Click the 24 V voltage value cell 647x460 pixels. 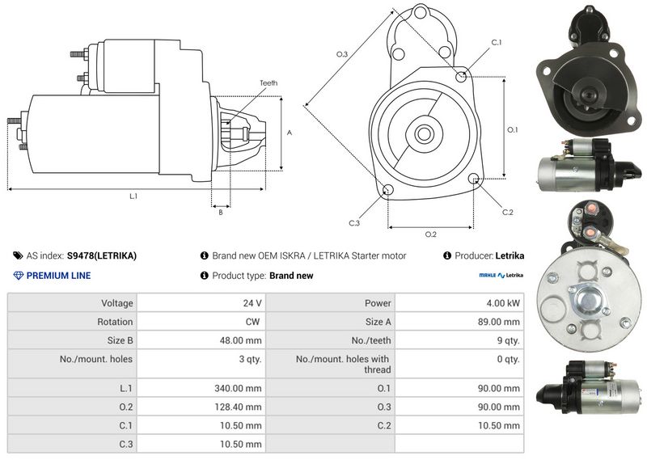coord(252,303)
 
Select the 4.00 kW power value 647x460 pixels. coord(503,303)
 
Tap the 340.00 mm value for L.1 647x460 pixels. coord(238,388)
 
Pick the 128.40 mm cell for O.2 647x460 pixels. coord(238,407)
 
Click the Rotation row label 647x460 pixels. coord(115,322)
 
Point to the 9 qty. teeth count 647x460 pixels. coord(509,340)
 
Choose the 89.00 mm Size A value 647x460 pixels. coord(499,322)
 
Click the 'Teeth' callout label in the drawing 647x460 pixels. coord(269,83)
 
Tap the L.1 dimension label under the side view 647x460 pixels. coord(133,196)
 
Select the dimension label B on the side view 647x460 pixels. coord(221,213)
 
